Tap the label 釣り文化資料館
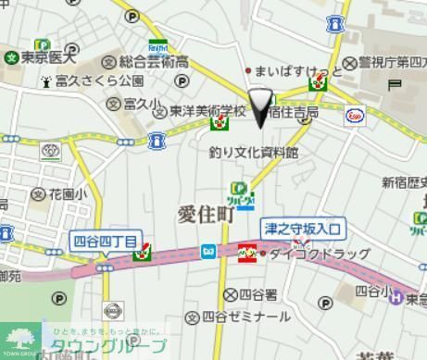pos(253,152)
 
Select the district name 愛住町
pos(206,214)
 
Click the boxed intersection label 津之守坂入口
pos(302,228)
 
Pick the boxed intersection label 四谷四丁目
pos(105,242)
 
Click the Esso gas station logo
pos(356,115)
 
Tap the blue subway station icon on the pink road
pos(209,251)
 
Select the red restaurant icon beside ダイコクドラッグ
pos(247,252)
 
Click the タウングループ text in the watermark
pos(107,347)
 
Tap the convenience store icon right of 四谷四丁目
pos(144,251)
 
